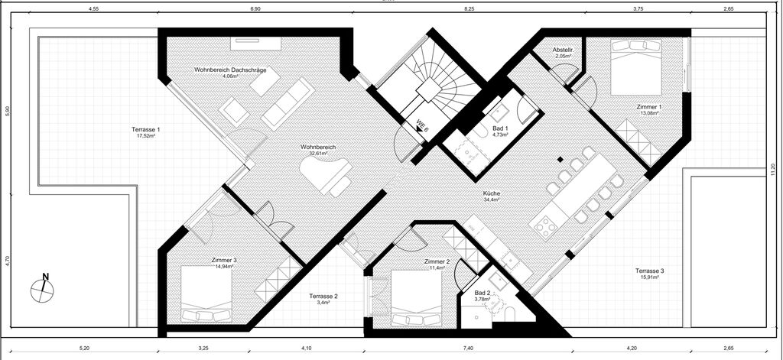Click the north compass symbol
click(43, 289)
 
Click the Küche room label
click(492, 193)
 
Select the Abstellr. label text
click(562, 50)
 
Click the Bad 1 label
click(500, 129)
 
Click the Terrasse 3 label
click(649, 271)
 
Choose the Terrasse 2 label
click(323, 296)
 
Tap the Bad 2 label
click(482, 293)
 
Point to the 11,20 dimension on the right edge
click(773, 170)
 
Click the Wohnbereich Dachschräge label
click(230, 70)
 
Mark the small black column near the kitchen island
click(560, 160)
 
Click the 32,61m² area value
click(317, 154)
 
